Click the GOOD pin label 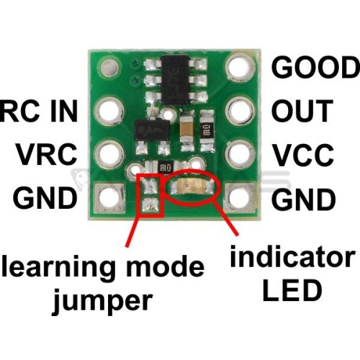(x=315, y=67)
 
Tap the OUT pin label (x=302, y=111)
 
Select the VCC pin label (x=304, y=155)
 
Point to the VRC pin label (x=47, y=154)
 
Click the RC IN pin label (x=38, y=111)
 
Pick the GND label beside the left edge (x=45, y=198)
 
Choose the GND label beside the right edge (x=304, y=199)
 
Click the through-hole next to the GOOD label (x=240, y=67)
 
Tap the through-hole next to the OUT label (x=240, y=111)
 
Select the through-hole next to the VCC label (x=240, y=153)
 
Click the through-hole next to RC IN (x=109, y=111)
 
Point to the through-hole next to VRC (x=109, y=154)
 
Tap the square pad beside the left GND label (x=109, y=198)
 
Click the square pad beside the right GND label (x=240, y=198)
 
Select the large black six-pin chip (x=176, y=80)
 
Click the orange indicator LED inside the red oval (x=192, y=185)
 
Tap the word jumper (x=102, y=300)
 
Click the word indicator (x=292, y=256)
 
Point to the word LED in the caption (x=292, y=291)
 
